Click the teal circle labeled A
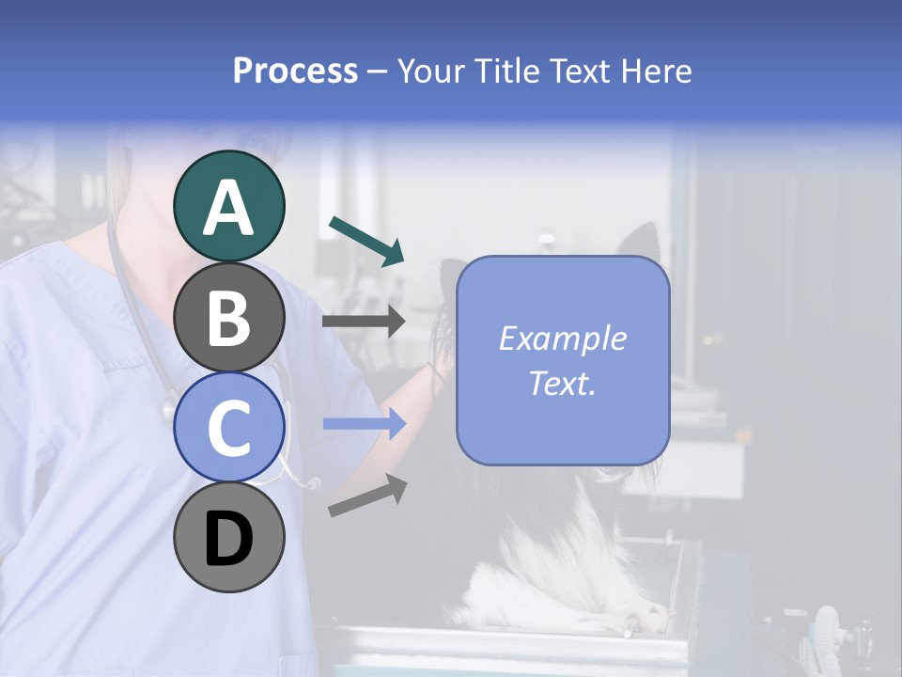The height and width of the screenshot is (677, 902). tap(229, 206)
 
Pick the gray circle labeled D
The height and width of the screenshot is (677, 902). tap(229, 537)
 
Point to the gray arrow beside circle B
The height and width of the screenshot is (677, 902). tap(364, 322)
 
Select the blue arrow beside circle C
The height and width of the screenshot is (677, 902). tap(365, 424)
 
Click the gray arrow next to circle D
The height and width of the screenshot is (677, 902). tap(367, 496)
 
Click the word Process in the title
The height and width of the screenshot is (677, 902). tap(295, 71)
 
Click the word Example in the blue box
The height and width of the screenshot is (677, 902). tap(562, 338)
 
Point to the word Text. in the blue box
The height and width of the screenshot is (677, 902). tap(562, 383)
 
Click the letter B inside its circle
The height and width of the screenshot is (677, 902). tap(229, 318)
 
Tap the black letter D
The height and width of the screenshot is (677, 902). tap(229, 539)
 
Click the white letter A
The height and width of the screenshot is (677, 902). tap(229, 208)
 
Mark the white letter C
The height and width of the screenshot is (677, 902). tap(229, 428)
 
